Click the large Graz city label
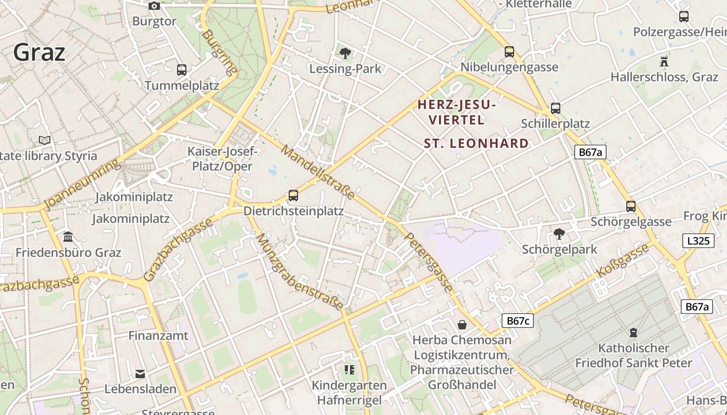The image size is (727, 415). tap(39, 52)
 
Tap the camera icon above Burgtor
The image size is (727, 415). tap(154, 6)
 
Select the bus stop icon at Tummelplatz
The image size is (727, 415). tap(181, 70)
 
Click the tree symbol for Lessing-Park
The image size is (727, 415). tap(345, 52)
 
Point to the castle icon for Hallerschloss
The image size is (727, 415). tap(664, 61)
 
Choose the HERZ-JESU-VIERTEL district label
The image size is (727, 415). tap(456, 112)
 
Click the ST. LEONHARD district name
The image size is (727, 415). tap(476, 143)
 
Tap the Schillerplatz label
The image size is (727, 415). tap(555, 123)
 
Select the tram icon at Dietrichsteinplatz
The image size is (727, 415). tap(293, 196)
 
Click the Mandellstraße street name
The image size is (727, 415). tap(318, 172)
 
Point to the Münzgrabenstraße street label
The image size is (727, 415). tap(300, 272)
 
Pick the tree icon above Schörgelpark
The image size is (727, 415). tap(559, 234)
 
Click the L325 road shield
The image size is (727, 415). tap(698, 241)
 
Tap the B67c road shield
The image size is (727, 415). tap(517, 321)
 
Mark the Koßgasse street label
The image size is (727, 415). tap(623, 260)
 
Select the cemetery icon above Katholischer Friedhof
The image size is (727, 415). tap(633, 332)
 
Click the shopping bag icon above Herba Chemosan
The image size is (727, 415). tap(462, 325)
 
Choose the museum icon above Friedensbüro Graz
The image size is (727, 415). tap(68, 237)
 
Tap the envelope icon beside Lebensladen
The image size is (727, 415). tap(140, 374)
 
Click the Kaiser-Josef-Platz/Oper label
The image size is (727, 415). tap(222, 159)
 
